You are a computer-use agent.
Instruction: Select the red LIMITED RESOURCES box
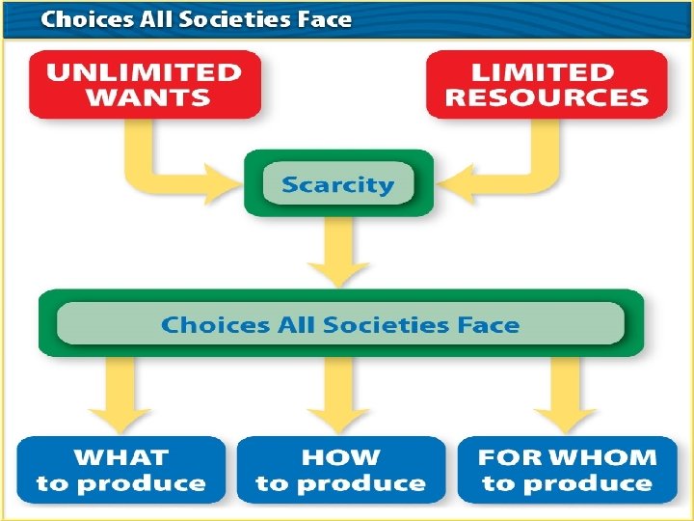click(x=547, y=85)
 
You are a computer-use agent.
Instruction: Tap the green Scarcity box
click(x=337, y=184)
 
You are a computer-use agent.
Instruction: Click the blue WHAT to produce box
click(x=121, y=470)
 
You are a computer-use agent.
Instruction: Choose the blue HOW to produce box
click(x=340, y=470)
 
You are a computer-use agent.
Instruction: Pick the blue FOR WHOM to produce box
click(x=567, y=470)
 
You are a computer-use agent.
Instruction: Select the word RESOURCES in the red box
click(x=547, y=97)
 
